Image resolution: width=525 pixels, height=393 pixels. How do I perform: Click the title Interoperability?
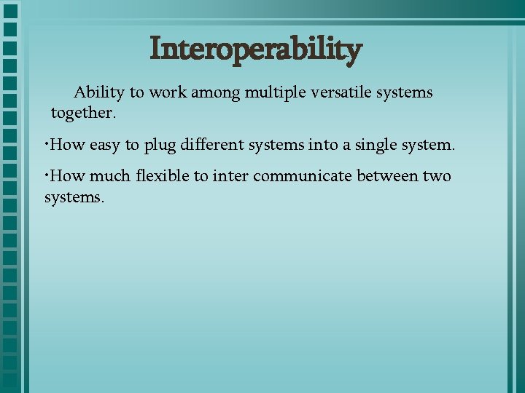[255, 50]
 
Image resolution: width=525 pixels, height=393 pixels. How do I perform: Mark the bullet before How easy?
[47, 143]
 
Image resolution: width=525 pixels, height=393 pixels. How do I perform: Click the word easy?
[106, 146]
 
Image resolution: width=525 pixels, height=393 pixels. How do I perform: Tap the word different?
[211, 145]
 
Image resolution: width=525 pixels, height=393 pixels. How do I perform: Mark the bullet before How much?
[47, 174]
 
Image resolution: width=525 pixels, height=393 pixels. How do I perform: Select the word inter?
[230, 177]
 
